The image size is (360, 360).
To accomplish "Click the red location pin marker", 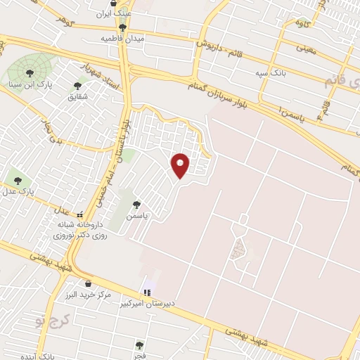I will [181, 166].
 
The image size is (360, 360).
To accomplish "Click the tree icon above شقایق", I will [77, 85].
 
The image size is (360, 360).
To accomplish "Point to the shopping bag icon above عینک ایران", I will [123, 4].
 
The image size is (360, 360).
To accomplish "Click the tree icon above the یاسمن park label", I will [136, 205].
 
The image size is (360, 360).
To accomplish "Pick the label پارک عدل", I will [21, 191].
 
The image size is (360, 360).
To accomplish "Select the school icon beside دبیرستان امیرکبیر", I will [147, 292].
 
